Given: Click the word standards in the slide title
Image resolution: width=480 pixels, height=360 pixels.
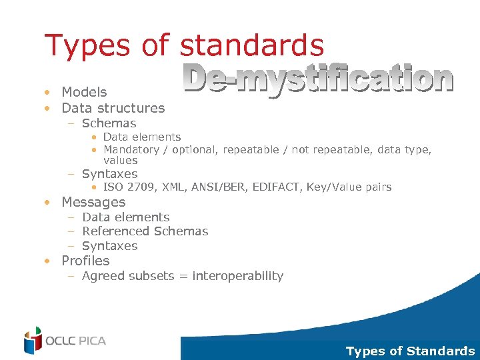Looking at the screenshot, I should (252, 45).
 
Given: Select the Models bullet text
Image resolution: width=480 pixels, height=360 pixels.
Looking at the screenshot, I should (84, 92).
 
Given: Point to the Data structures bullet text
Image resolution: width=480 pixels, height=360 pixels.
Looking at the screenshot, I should (113, 108).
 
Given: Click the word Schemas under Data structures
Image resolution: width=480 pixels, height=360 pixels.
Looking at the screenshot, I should (109, 123).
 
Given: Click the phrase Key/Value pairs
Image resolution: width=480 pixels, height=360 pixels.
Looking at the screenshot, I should (349, 187).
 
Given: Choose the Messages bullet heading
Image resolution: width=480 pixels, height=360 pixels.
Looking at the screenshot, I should (93, 202).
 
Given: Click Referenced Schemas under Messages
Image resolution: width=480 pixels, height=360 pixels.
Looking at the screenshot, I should (145, 231).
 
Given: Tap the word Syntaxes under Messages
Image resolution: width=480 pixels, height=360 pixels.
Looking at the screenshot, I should (109, 246).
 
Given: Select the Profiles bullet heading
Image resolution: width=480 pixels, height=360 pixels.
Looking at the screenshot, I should (85, 261).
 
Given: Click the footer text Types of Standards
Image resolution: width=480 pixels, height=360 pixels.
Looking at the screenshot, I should (410, 351).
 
